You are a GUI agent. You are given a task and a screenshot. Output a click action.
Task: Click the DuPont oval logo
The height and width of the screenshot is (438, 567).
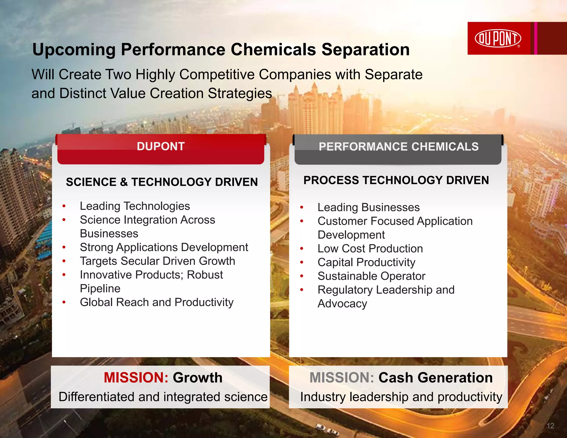pyautogui.click(x=498, y=38)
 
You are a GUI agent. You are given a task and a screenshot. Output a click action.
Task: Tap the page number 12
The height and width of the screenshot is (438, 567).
pyautogui.click(x=550, y=426)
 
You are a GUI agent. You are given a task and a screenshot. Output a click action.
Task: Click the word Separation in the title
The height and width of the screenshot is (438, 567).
pyautogui.click(x=365, y=50)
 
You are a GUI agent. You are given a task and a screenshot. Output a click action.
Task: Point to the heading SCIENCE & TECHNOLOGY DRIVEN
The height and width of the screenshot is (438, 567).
pyautogui.click(x=162, y=182)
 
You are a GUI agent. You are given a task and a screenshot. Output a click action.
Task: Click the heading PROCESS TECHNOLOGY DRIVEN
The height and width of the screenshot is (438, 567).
pyautogui.click(x=396, y=181)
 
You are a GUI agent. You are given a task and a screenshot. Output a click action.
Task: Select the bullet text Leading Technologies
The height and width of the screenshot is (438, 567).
pyautogui.click(x=135, y=206)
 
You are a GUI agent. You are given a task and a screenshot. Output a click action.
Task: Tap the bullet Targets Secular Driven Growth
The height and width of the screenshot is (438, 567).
pyautogui.click(x=157, y=261)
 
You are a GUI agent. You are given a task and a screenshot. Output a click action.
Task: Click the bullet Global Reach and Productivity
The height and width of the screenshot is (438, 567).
pyautogui.click(x=157, y=302)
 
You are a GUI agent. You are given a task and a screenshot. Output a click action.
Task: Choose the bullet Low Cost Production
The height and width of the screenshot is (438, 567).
pyautogui.click(x=370, y=249)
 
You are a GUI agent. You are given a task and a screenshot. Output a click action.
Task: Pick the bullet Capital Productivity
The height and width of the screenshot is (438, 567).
pyautogui.click(x=366, y=262)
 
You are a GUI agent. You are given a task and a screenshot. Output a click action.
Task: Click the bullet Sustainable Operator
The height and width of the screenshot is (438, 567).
pyautogui.click(x=371, y=276)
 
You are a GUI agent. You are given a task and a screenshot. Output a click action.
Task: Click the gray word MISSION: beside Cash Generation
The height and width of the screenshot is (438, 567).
pyautogui.click(x=342, y=378)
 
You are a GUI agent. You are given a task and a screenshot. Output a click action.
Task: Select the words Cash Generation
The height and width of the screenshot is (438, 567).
pyautogui.click(x=435, y=378)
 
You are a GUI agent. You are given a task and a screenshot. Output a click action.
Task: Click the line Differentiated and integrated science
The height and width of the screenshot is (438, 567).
pyautogui.click(x=163, y=397)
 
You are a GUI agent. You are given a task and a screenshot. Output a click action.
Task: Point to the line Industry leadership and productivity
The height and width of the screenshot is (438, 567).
pyautogui.click(x=401, y=397)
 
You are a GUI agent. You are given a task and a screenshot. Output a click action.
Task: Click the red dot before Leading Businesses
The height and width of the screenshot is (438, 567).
pyautogui.click(x=302, y=207)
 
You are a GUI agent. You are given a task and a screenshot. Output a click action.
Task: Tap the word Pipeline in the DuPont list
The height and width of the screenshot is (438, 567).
pyautogui.click(x=100, y=289)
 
